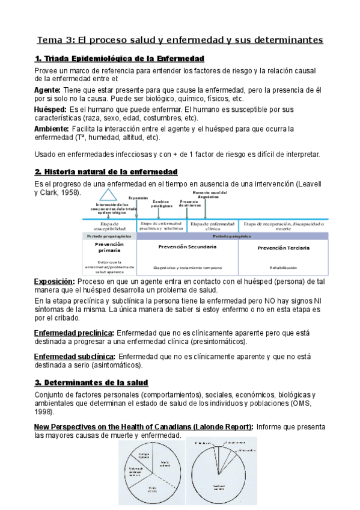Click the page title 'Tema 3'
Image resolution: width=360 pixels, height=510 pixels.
pos(55,40)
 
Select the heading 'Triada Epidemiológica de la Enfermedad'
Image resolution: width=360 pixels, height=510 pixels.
pos(120,58)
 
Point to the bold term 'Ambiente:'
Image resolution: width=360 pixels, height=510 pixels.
pos(52,129)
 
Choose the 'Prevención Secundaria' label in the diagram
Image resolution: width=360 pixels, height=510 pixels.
pos(187,247)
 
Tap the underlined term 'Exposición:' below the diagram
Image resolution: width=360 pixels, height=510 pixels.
pos(54,281)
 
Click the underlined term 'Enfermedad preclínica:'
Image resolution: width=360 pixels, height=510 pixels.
pos(73,333)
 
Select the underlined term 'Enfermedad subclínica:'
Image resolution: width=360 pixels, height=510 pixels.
pos(75,356)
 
